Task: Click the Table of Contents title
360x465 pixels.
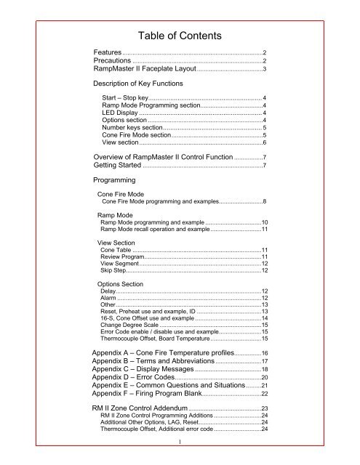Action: click(180, 31)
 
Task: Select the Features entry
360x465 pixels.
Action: click(106, 53)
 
